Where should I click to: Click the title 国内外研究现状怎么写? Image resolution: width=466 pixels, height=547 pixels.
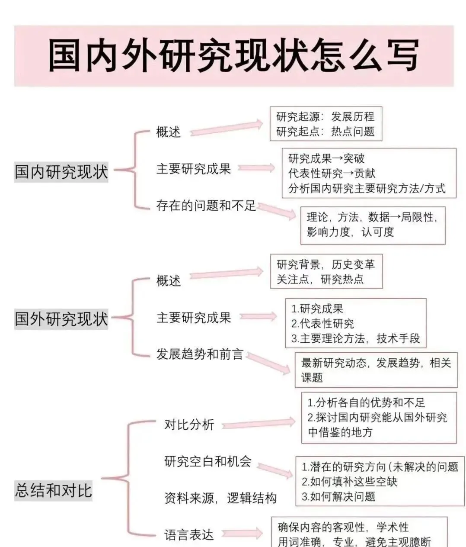[233, 55]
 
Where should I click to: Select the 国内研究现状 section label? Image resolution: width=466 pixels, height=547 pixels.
[61, 171]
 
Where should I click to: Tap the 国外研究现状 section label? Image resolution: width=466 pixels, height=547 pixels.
[61, 319]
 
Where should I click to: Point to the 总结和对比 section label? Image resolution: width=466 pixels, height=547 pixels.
[54, 491]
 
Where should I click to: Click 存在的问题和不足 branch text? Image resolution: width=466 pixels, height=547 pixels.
[206, 206]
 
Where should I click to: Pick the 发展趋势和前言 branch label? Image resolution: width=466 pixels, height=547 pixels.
[199, 354]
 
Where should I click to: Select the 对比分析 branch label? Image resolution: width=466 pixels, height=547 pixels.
[189, 425]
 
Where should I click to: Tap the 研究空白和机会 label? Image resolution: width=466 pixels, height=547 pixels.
[207, 461]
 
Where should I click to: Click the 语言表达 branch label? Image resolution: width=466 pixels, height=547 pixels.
[189, 535]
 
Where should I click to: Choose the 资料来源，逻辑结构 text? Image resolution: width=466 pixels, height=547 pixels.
[220, 498]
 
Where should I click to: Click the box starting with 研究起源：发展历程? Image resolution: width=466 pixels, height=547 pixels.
[326, 124]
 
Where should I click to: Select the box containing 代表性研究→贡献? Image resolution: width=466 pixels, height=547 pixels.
[369, 173]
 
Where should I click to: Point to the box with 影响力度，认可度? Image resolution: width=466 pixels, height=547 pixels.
[373, 225]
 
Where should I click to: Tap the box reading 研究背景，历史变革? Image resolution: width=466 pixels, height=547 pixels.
[326, 272]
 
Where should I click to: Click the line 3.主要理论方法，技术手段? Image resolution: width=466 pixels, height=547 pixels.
[355, 338]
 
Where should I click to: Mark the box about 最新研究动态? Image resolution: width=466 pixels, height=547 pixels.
[376, 370]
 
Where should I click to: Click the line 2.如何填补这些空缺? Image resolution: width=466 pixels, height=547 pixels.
[349, 482]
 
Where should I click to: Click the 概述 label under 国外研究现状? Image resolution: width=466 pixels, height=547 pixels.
[168, 281]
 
